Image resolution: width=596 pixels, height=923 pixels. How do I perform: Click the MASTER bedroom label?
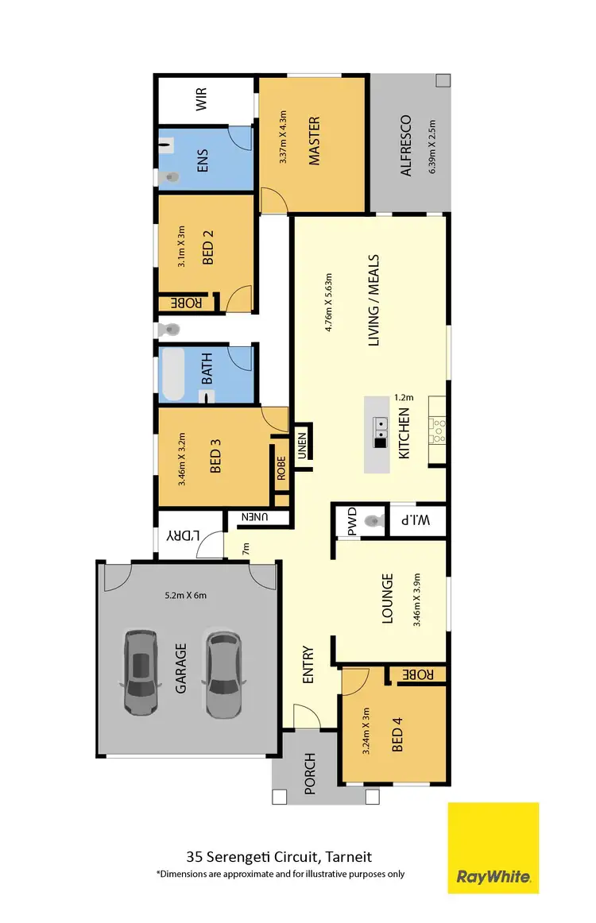tap(314, 141)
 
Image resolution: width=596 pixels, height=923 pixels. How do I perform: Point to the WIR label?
tap(201, 101)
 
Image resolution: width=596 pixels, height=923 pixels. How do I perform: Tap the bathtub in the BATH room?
tap(173, 373)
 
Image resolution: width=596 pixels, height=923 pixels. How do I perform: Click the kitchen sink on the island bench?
tap(381, 427)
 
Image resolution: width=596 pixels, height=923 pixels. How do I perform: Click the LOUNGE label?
tap(388, 599)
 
